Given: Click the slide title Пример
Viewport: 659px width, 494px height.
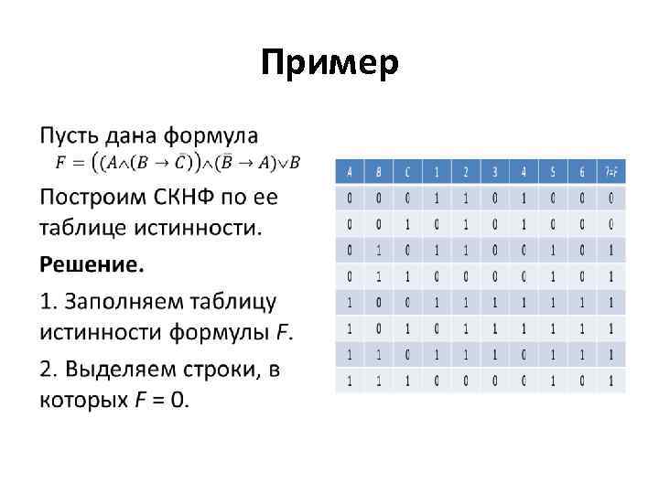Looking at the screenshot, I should [x=329, y=64].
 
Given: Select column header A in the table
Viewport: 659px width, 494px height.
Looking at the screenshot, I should [x=350, y=171].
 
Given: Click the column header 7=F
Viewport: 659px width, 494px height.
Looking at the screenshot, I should [x=610, y=171].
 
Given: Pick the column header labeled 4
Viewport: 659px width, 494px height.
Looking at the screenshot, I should [x=524, y=171].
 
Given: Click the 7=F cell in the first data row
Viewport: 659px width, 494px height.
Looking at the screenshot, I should [x=610, y=197].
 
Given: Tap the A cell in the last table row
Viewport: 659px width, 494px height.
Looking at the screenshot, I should [x=350, y=378].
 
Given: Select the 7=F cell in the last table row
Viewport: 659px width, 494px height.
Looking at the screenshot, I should [x=610, y=378].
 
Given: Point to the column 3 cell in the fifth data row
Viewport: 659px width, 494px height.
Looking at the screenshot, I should [x=494, y=300].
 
